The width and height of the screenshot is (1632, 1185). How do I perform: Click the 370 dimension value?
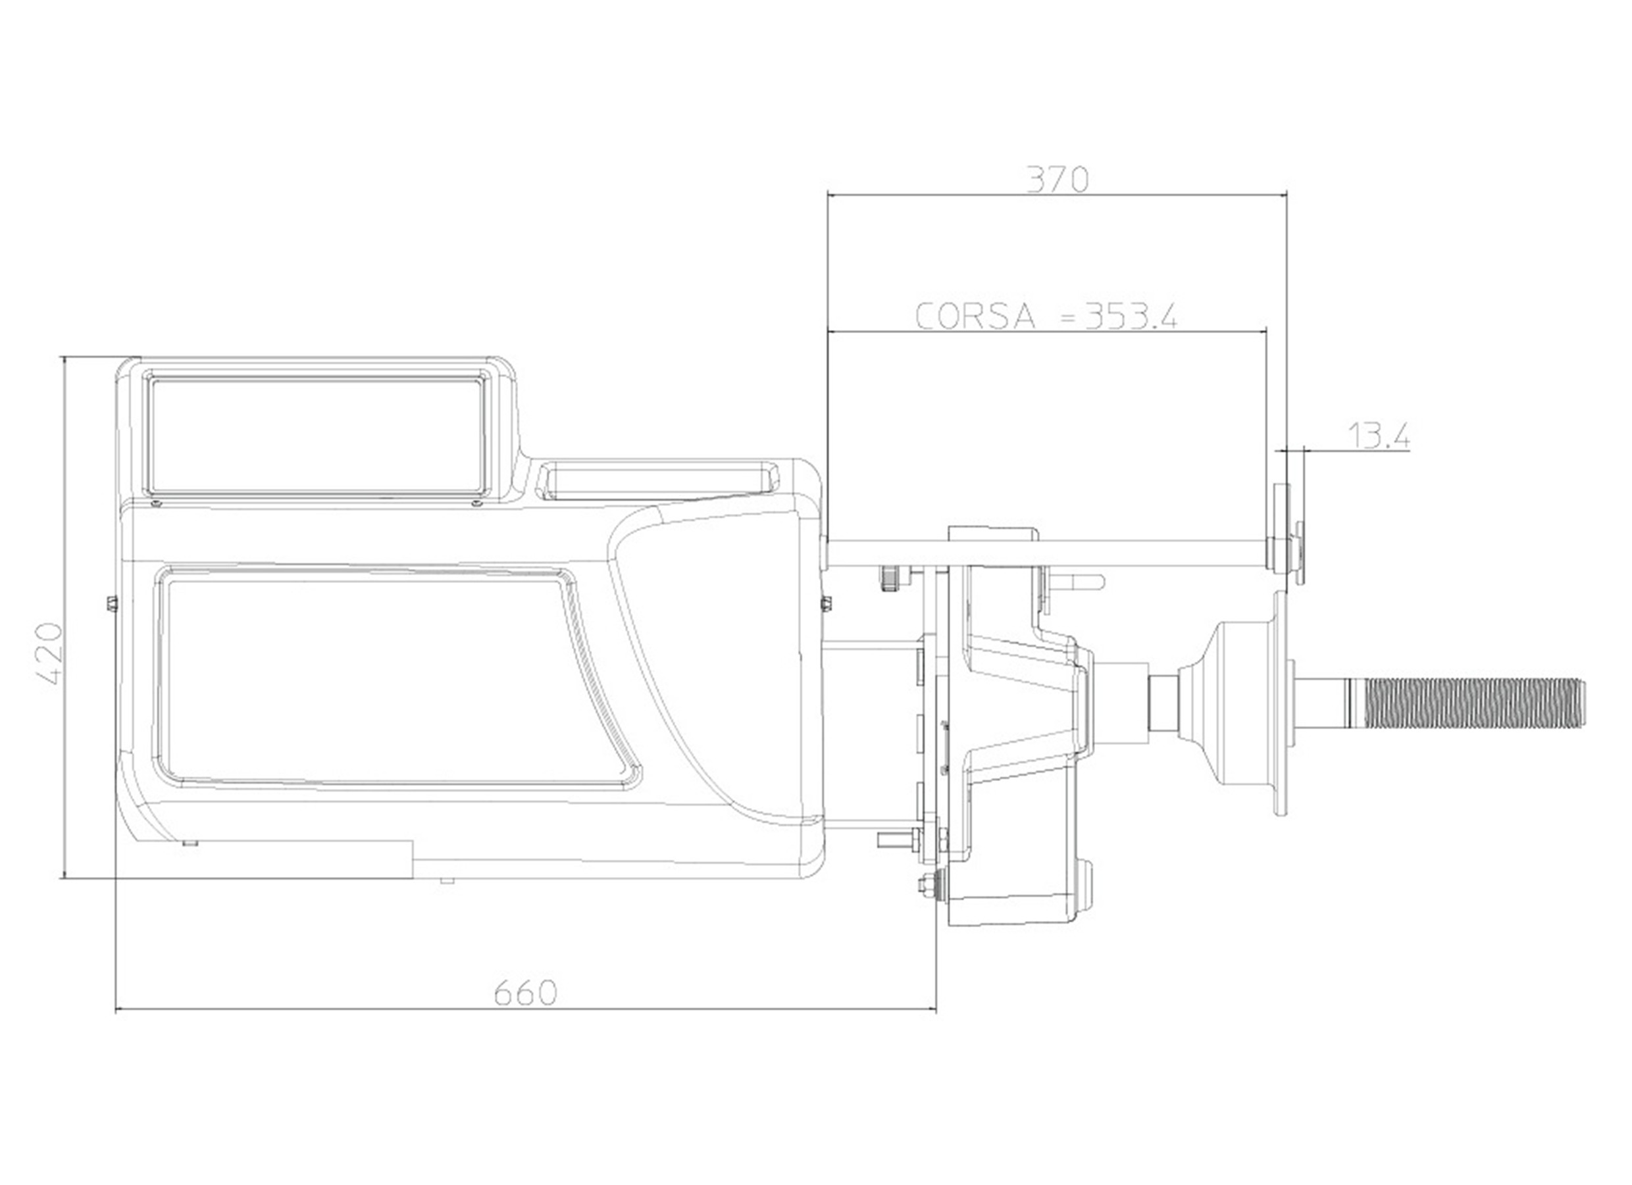[1057, 180]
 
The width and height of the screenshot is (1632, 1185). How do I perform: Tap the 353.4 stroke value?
[1131, 316]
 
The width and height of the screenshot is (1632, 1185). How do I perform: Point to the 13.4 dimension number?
[1377, 436]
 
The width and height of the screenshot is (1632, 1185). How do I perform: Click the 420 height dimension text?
[51, 654]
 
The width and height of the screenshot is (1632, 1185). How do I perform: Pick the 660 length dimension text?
[525, 994]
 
